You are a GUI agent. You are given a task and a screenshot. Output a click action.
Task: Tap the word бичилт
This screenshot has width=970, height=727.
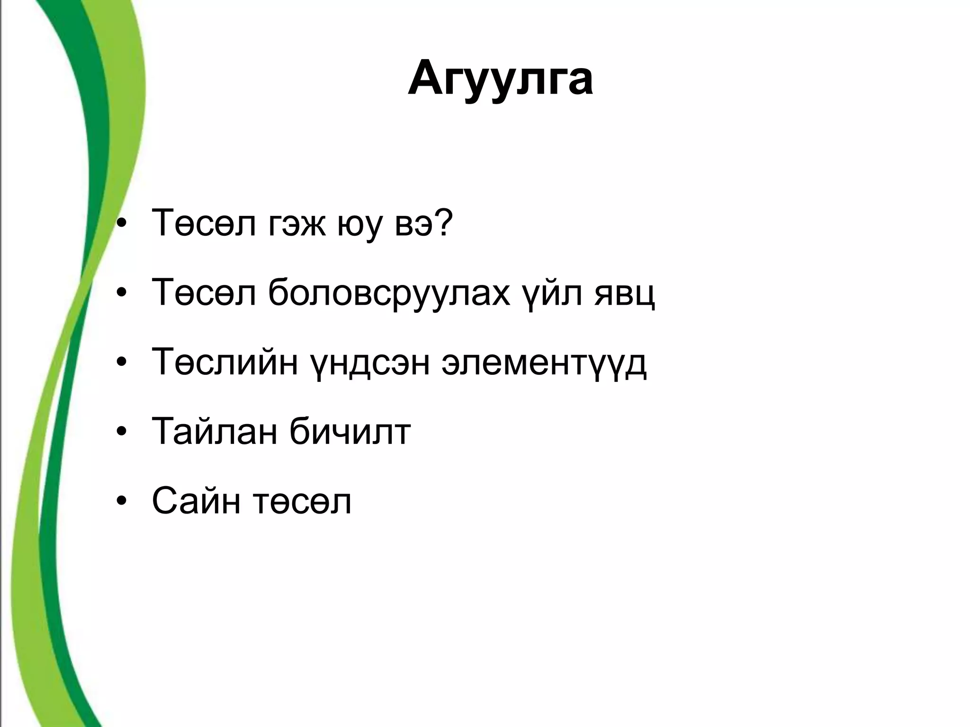350,432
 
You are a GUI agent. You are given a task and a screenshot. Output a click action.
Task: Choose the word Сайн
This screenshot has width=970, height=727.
196,501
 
